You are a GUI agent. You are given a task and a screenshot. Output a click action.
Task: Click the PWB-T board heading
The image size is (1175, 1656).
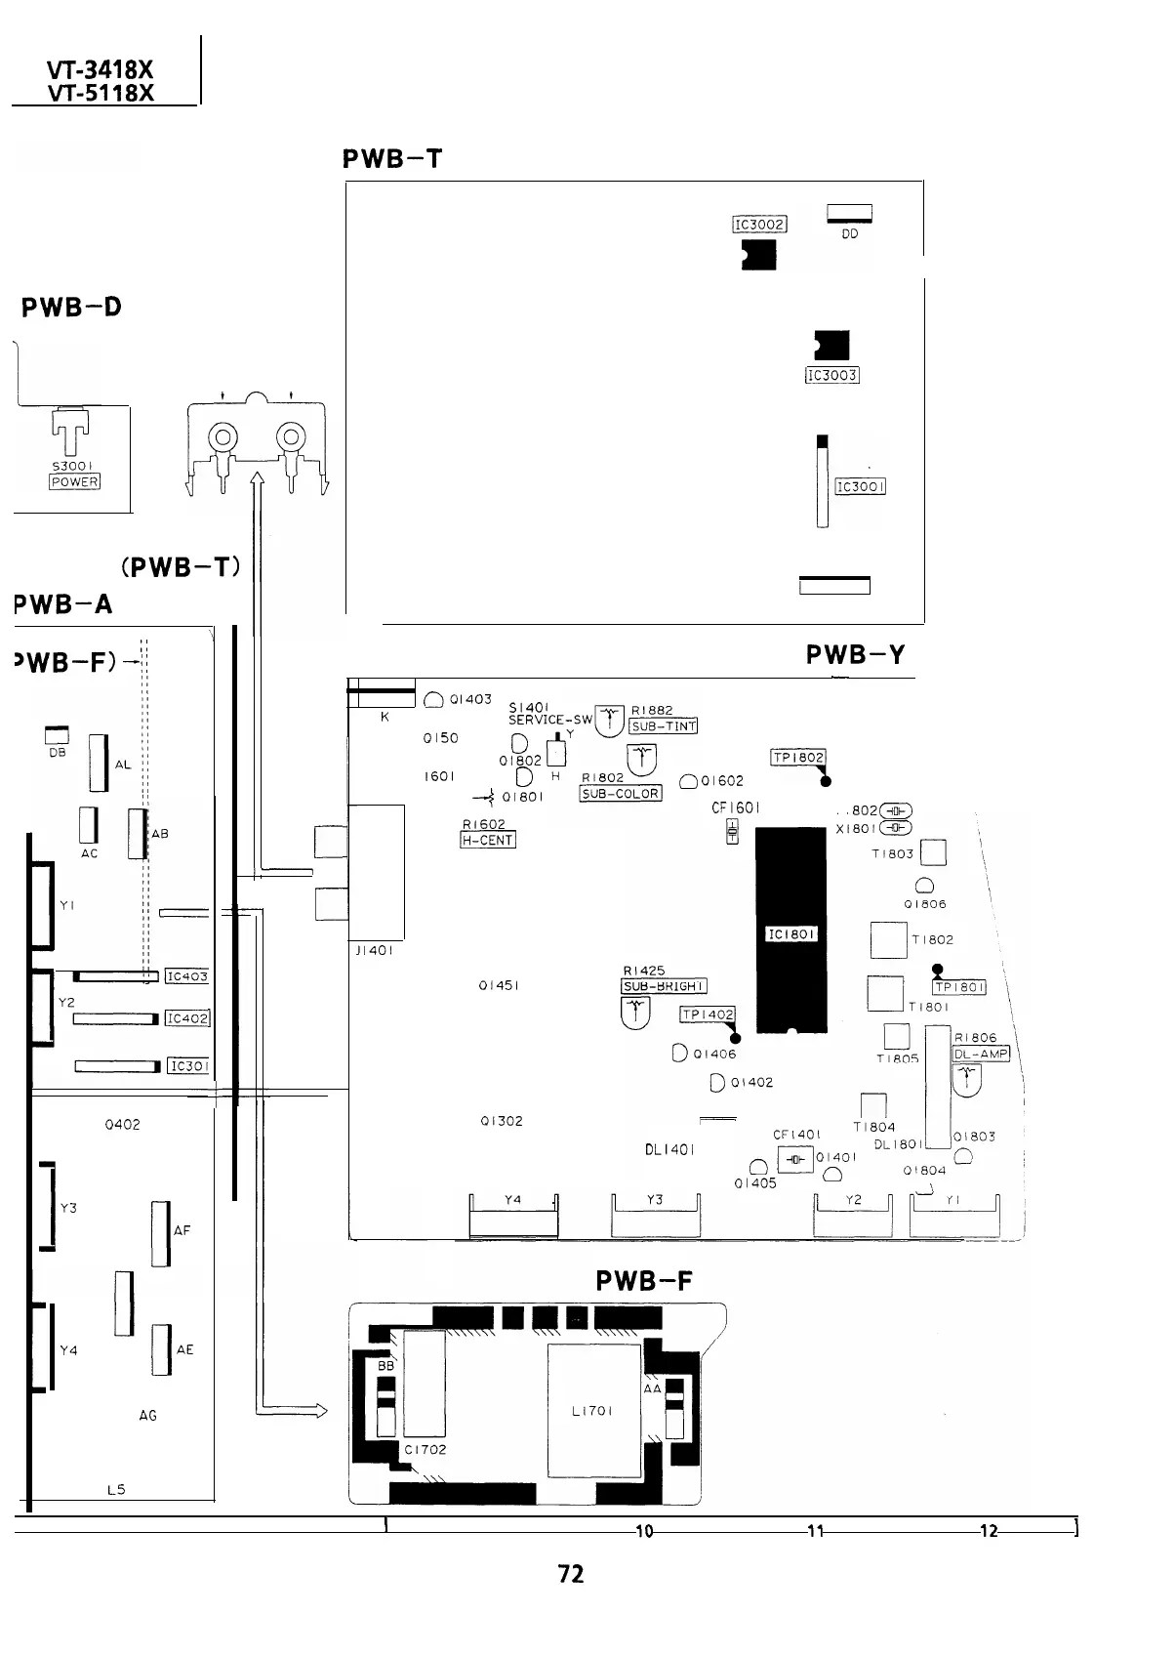(x=393, y=158)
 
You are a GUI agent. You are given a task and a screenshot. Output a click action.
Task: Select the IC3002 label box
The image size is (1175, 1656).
(x=759, y=225)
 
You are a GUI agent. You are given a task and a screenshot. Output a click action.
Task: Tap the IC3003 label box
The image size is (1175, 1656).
(x=831, y=375)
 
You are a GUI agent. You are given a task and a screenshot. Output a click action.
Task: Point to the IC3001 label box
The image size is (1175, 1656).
(x=860, y=486)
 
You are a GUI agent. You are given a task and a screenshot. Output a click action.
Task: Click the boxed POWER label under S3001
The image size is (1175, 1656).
(x=75, y=481)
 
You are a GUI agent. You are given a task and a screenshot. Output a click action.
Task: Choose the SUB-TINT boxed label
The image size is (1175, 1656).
(x=664, y=725)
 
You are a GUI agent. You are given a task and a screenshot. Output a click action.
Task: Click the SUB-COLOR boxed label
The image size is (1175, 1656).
(x=621, y=793)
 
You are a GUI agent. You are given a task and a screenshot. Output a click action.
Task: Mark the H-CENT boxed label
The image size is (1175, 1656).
(x=487, y=840)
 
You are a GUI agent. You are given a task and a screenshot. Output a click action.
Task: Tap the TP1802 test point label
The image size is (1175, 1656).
(x=798, y=758)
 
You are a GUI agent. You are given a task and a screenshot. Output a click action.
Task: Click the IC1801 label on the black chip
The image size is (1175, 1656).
(x=791, y=934)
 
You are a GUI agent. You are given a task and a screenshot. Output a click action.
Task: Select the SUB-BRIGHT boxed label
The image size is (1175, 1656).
(x=664, y=986)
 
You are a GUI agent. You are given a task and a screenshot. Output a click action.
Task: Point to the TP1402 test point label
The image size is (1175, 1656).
(x=707, y=1014)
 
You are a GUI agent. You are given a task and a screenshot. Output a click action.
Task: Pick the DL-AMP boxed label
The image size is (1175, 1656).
(x=981, y=1054)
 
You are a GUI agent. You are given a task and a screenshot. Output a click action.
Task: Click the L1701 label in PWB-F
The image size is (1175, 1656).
(x=591, y=1410)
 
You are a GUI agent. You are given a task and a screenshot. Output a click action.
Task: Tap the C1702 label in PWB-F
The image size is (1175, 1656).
(x=425, y=1449)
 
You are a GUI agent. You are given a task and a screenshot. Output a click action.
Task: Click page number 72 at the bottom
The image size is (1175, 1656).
(x=571, y=1573)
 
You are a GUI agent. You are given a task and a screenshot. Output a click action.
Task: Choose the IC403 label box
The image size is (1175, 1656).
(x=187, y=975)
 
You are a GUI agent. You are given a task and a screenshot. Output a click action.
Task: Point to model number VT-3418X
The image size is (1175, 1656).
(x=101, y=70)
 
